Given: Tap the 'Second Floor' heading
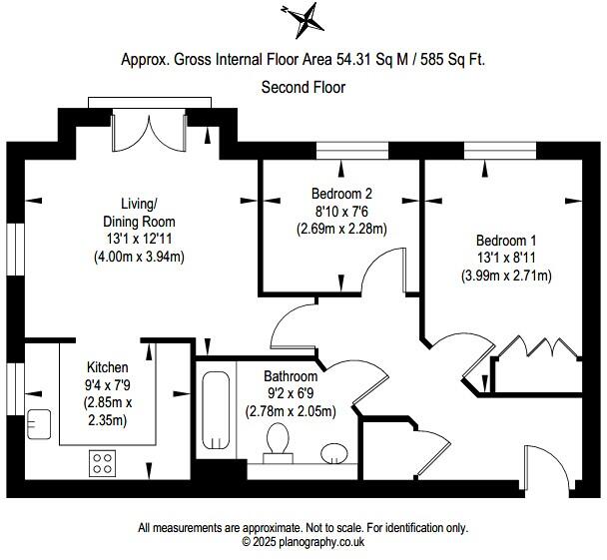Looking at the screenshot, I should coord(303,88).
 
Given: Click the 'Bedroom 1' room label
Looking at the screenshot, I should coord(505,241).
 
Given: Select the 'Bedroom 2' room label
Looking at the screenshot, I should coord(341,194).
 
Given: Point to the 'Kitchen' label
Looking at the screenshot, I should coord(107,366).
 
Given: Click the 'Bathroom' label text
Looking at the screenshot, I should coord(291,376).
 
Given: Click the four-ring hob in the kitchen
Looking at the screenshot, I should coord(102,463).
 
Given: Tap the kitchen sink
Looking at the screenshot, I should coord(41,424).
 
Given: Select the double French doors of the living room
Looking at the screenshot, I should coord(149,127).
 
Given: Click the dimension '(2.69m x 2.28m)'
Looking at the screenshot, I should coord(341,229).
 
